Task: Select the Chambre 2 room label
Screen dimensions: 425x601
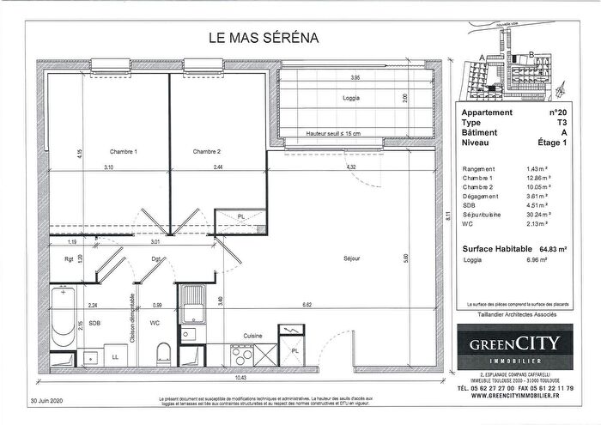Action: [x=207, y=151]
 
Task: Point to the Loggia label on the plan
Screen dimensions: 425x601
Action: [x=350, y=98]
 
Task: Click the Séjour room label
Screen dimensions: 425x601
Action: [x=350, y=258]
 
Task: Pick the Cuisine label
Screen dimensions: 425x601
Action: [x=252, y=336]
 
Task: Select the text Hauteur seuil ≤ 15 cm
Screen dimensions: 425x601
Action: [x=334, y=133]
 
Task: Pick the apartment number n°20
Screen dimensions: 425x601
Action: [x=557, y=112]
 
